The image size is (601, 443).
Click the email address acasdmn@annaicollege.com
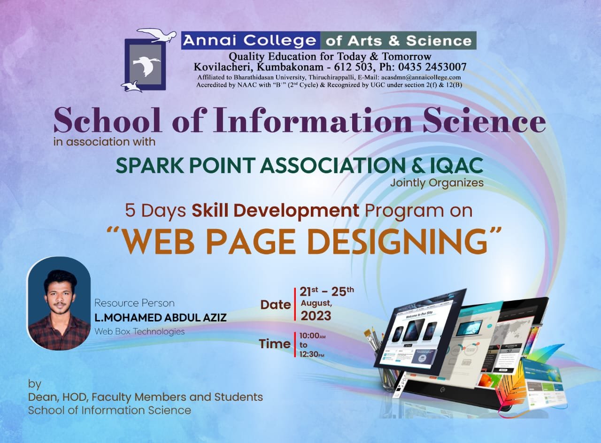[421, 77]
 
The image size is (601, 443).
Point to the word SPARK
[150, 166]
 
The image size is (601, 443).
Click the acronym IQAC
[456, 166]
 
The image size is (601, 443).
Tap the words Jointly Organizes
[437, 183]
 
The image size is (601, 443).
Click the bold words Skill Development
[275, 211]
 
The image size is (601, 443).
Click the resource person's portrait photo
[59, 303]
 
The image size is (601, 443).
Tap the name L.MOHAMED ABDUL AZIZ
[161, 318]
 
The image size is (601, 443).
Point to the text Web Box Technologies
[139, 332]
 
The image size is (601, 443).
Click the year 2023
[316, 316]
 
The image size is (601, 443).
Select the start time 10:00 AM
[312, 336]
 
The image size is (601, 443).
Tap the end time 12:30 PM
[312, 354]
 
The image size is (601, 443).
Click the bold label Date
[276, 305]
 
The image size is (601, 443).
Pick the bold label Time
[275, 344]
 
